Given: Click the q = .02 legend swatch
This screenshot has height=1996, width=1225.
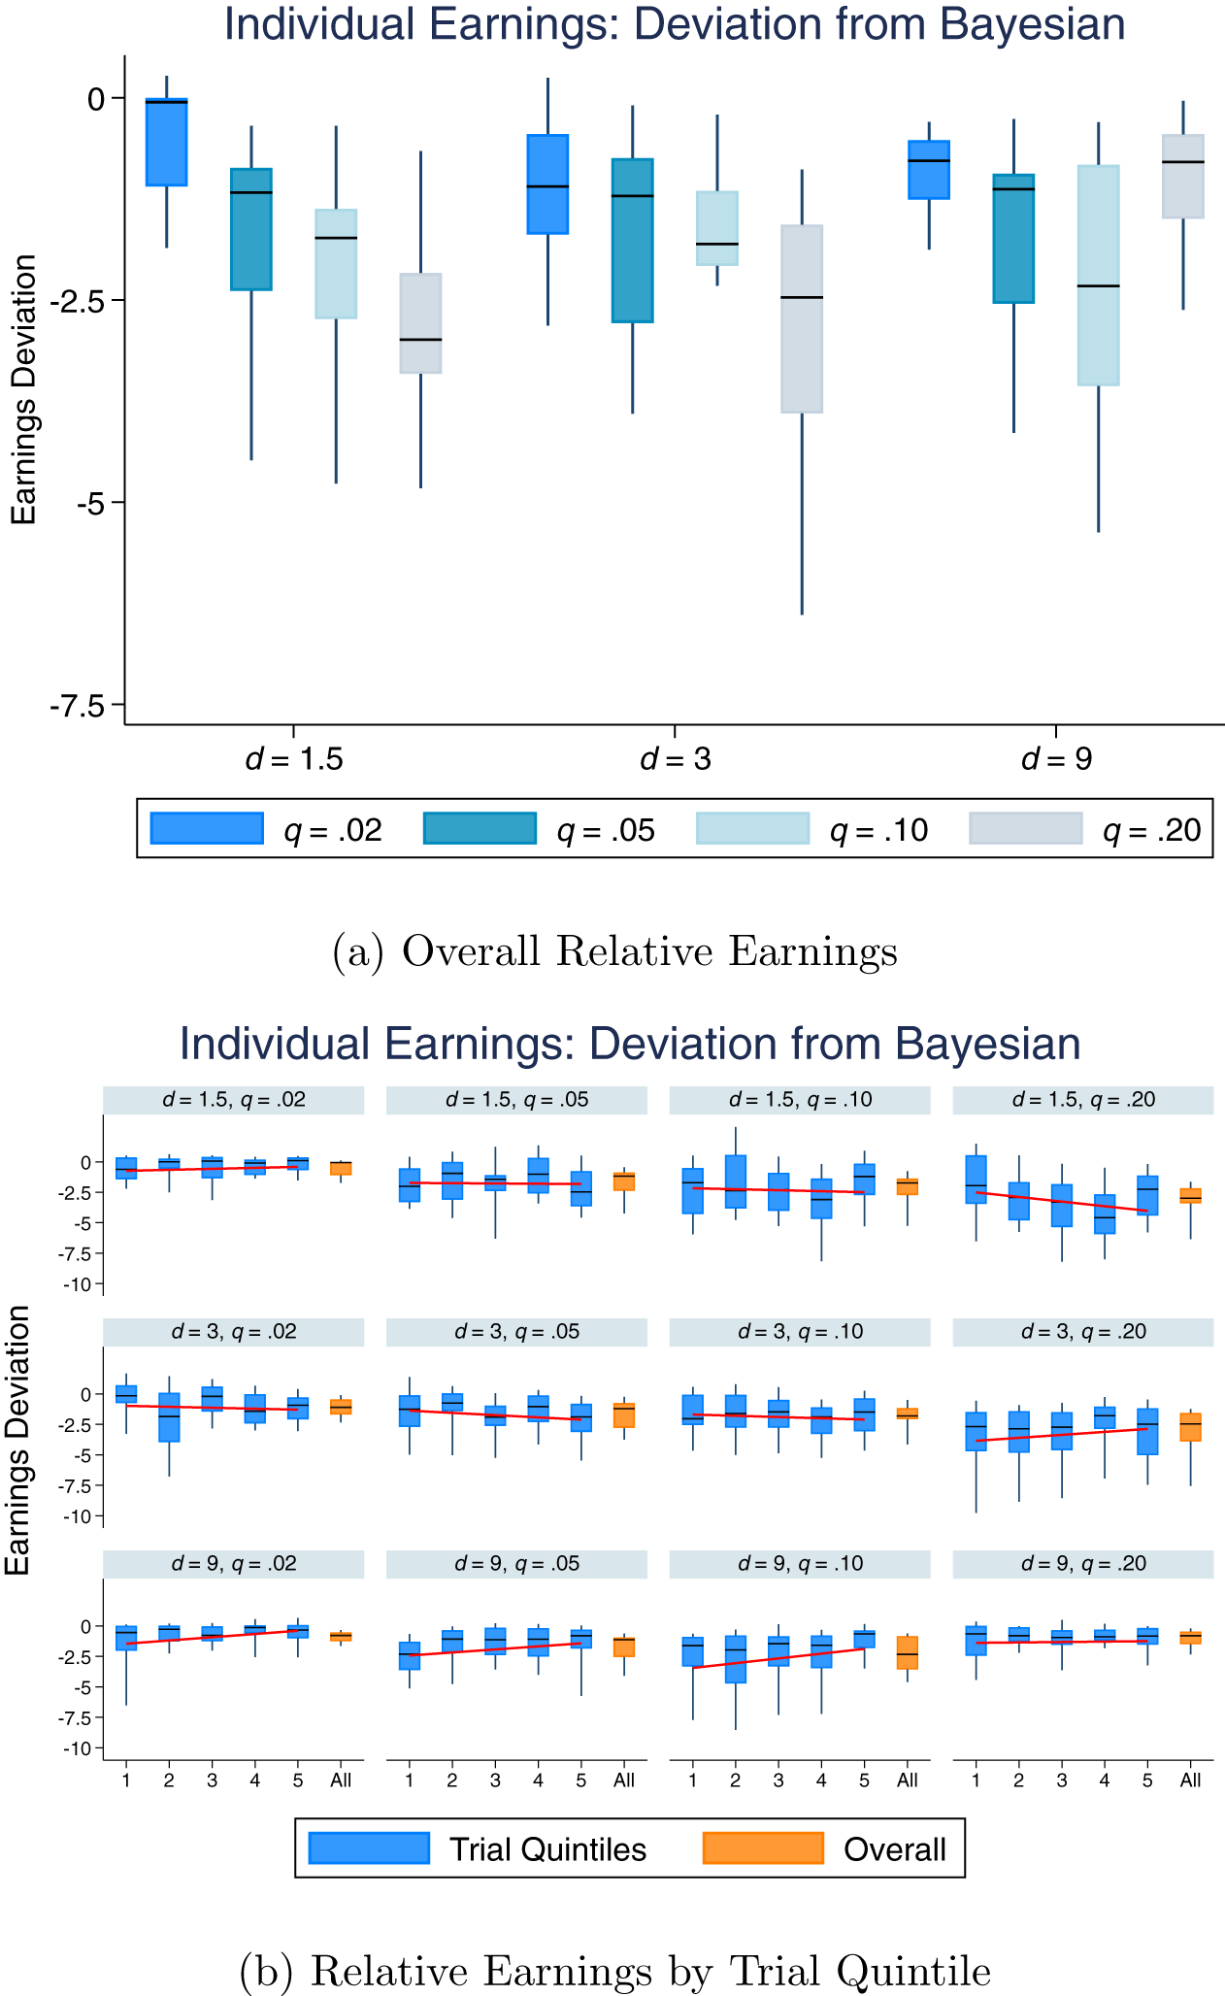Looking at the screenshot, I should [x=206, y=828].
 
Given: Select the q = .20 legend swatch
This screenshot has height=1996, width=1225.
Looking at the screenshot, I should [x=1025, y=828].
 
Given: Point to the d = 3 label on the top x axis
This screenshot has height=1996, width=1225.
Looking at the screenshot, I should [x=676, y=759].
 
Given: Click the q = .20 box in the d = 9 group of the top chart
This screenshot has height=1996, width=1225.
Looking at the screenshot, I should [x=1182, y=177].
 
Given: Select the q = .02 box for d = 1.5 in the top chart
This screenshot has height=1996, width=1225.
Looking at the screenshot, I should [x=166, y=143].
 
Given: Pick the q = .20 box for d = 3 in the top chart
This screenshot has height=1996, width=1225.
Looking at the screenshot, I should [x=802, y=319].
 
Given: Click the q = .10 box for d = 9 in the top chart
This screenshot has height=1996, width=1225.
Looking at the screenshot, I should [x=1098, y=276].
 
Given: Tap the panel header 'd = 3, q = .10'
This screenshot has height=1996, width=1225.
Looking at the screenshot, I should [x=800, y=1332].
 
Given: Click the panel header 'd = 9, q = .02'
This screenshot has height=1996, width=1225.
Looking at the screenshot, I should [x=233, y=1564].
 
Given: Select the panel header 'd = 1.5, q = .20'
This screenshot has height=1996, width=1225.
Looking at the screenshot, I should [x=1083, y=1100].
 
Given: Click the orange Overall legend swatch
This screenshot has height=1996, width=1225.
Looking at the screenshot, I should [x=763, y=1848].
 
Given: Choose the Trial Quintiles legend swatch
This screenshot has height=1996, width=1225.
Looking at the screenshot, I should [x=369, y=1848].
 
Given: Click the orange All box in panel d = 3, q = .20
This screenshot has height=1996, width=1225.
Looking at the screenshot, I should [x=1190, y=1427].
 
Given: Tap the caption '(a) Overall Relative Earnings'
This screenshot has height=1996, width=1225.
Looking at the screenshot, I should [x=613, y=951].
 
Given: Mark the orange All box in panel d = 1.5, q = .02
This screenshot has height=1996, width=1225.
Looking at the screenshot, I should [x=341, y=1169].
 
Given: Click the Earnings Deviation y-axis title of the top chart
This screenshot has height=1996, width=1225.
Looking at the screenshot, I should [x=24, y=388].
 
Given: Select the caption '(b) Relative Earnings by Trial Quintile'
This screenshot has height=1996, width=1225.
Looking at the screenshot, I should [x=613, y=1971].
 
